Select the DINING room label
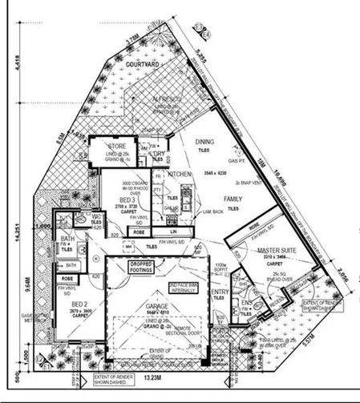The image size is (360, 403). pyautogui.click(x=205, y=143)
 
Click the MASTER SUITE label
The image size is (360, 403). pyautogui.click(x=278, y=252)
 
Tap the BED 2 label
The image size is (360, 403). pyautogui.click(x=79, y=305)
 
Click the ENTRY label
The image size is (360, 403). pyautogui.click(x=220, y=292)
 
